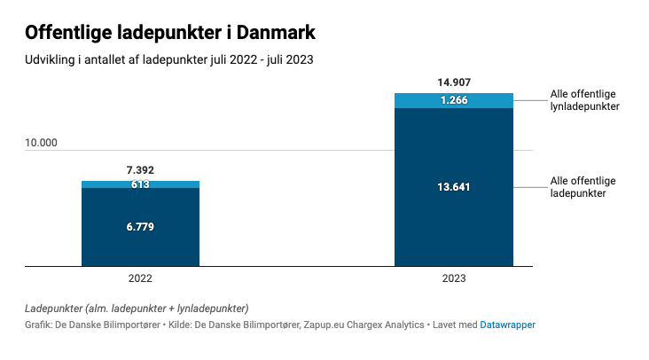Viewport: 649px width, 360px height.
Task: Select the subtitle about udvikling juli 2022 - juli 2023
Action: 169,61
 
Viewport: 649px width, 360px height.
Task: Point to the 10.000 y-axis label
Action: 41,143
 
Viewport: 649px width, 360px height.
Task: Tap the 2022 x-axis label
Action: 140,278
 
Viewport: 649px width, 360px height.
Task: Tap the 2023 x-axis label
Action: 454,278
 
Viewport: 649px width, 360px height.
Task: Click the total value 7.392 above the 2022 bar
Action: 140,170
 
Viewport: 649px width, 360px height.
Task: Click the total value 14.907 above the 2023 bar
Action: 454,82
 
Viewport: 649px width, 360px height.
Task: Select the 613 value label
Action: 140,184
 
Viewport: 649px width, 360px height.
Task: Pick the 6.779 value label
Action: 140,227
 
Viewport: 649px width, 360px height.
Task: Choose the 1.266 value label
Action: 454,100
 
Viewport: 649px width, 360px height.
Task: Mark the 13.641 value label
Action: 454,186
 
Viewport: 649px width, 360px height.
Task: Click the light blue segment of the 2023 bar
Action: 417,100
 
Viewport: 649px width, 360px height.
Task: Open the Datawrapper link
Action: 507,325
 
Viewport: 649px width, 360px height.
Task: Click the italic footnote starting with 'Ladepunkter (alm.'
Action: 137,308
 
